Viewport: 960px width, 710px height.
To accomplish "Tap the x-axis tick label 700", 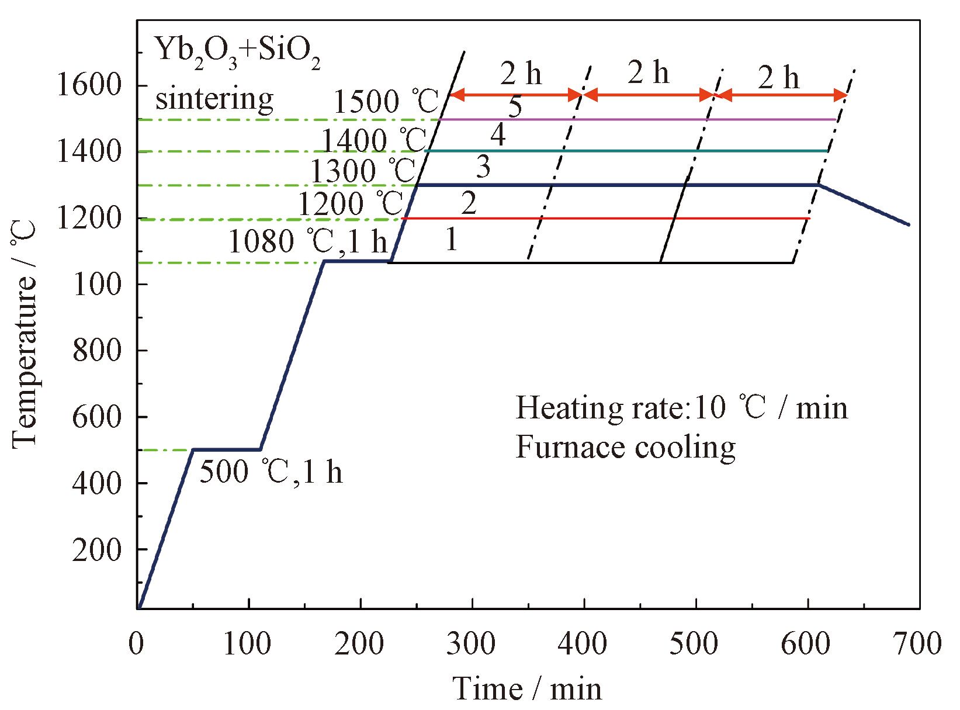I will (918, 643).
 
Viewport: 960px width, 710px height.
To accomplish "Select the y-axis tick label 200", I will (96, 550).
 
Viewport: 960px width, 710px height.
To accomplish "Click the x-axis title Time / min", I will (528, 688).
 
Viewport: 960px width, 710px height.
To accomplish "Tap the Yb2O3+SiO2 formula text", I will (237, 54).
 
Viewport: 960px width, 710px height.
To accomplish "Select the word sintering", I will (214, 98).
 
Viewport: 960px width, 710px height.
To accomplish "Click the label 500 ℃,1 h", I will (271, 472).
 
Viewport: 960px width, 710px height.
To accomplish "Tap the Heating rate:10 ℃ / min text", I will (681, 407).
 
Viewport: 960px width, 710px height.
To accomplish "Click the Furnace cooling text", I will (625, 447).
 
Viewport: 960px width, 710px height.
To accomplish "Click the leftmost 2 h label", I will (521, 74).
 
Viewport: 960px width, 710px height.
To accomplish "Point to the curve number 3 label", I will (483, 168).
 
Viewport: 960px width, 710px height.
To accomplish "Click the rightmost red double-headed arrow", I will (782, 95).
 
